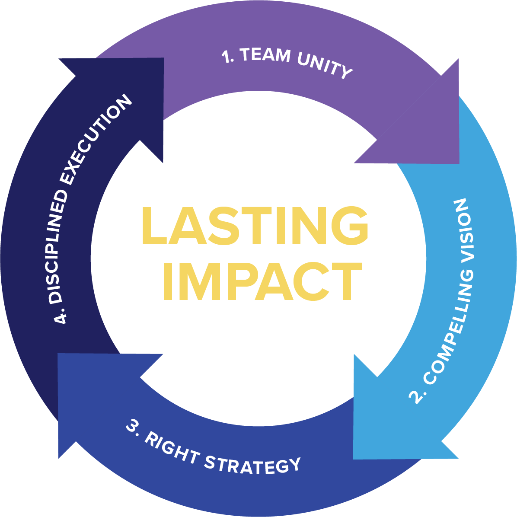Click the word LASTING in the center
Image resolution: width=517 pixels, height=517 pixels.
coord(255,226)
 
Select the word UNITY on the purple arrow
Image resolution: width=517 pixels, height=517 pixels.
coord(324,66)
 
